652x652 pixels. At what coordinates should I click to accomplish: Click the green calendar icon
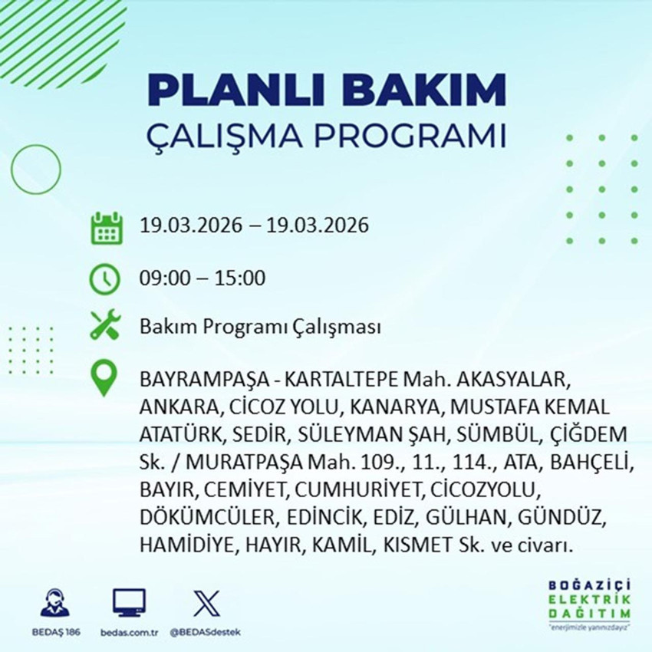click(107, 227)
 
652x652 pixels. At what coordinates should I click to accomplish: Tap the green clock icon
click(105, 278)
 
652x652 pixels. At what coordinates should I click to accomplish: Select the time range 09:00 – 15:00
click(203, 278)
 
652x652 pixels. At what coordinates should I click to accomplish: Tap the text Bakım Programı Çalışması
click(260, 328)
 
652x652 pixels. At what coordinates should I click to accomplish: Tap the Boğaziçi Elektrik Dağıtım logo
click(589, 604)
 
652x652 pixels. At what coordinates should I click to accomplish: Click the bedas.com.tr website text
click(128, 634)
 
